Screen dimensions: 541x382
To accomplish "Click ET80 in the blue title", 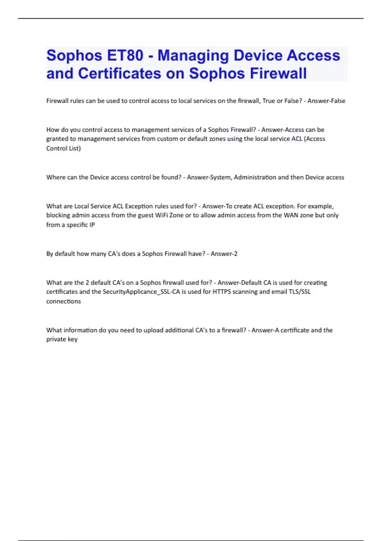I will coord(125,55).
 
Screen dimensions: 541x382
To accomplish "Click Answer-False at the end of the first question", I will coord(326,101).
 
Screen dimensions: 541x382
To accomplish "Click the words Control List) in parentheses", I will coord(63,148).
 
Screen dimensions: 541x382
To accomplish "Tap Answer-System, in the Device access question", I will coord(209,177).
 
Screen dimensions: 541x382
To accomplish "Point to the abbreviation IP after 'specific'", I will coord(92,225).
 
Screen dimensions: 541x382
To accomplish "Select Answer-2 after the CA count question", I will coord(224,254).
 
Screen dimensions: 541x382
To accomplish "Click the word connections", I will coord(63,301).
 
